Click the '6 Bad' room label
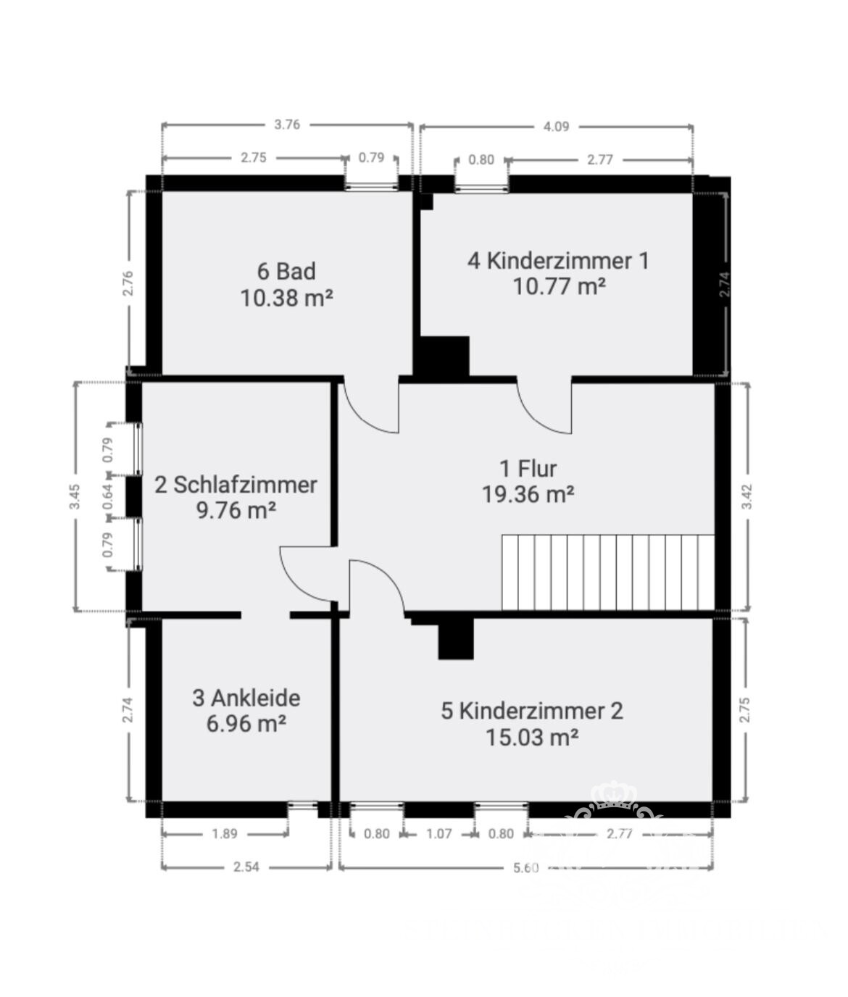[x=286, y=271]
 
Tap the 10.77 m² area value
[x=559, y=287]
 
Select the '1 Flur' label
[x=528, y=468]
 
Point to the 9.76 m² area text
[x=236, y=510]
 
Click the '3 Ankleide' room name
[x=246, y=698]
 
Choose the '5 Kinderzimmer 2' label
[x=531, y=711]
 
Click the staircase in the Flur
[x=607, y=572]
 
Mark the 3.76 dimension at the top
[x=287, y=125]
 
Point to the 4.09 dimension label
[x=556, y=127]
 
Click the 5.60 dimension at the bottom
[x=525, y=868]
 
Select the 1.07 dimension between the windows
[x=438, y=834]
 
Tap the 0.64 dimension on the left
[x=108, y=497]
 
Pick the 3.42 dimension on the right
[x=747, y=496]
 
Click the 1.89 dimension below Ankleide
[x=224, y=834]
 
